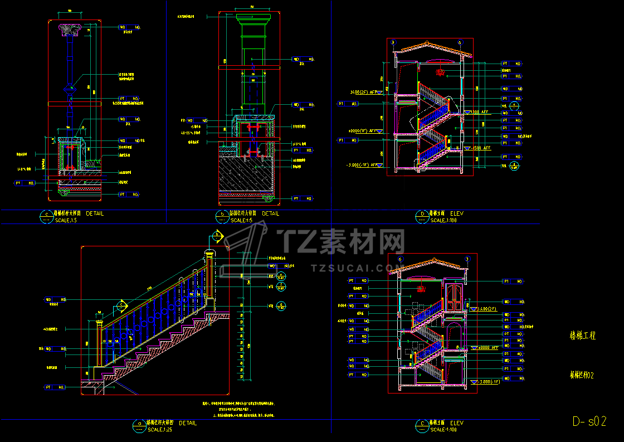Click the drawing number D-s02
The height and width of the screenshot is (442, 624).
[x=589, y=421]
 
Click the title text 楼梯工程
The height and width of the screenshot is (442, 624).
[x=582, y=336]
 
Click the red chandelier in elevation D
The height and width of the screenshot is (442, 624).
[x=441, y=71]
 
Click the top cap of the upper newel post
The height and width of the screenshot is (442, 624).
[x=210, y=254]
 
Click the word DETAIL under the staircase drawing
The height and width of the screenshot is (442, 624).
[x=188, y=423]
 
